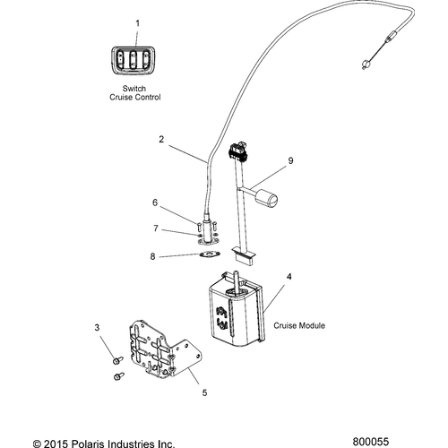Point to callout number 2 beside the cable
(x=160, y=140)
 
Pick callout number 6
(x=154, y=202)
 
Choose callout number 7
(x=154, y=229)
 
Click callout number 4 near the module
(x=289, y=278)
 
